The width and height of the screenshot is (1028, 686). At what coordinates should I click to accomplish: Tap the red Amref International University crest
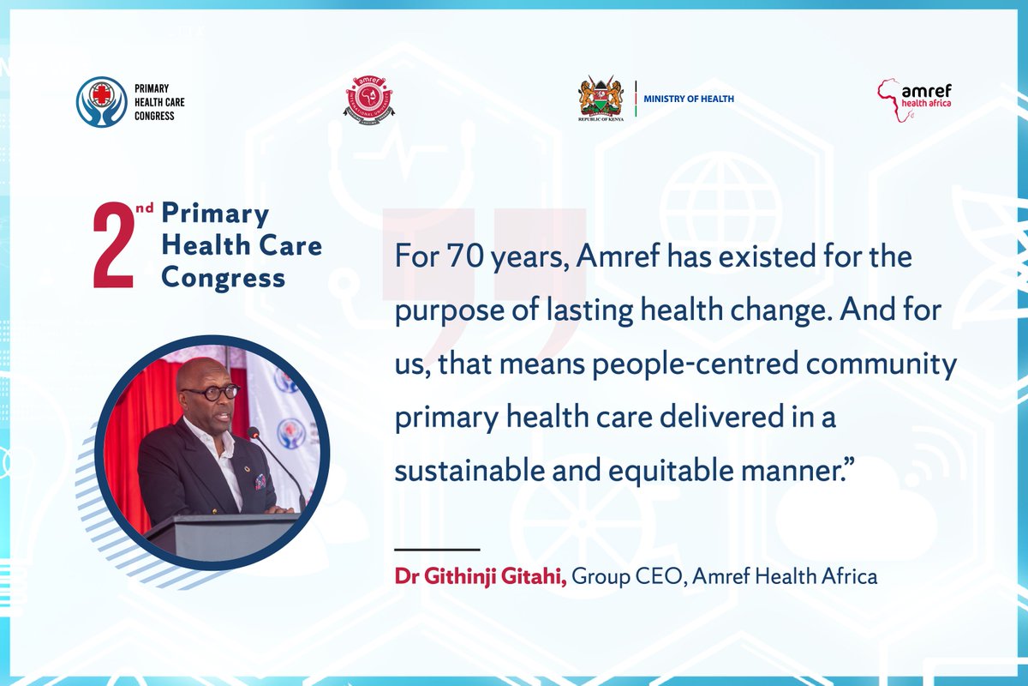pos(369,101)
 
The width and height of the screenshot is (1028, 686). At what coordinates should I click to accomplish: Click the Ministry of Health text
pos(689,99)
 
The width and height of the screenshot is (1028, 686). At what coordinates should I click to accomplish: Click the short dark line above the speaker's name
pos(437,549)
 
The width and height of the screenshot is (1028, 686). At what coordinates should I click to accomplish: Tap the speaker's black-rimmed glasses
pos(209,392)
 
